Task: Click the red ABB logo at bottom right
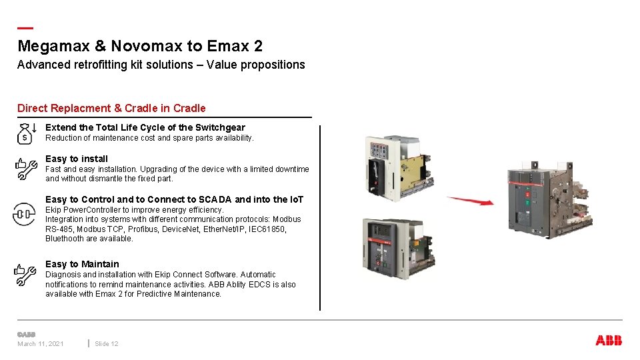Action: [609, 341]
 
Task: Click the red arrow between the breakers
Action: [470, 200]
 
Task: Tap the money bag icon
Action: [25, 133]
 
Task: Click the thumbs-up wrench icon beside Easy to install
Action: [25, 169]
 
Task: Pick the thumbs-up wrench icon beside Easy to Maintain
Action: [25, 275]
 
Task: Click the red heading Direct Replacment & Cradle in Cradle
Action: [111, 108]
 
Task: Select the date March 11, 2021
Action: [41, 343]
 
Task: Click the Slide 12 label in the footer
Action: [107, 343]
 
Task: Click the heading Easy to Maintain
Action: [82, 264]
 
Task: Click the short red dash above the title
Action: [25, 28]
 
